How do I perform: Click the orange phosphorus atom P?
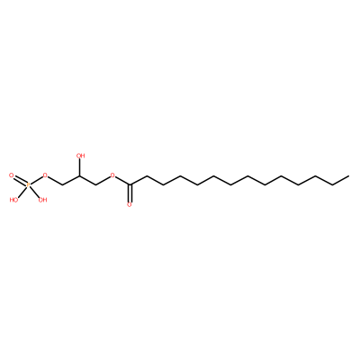coord(28,185)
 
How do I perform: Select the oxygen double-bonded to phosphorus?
coord(12,175)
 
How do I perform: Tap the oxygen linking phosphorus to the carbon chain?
coord(45,175)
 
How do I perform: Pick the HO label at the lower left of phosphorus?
coord(13,200)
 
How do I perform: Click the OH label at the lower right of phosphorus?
coord(43,200)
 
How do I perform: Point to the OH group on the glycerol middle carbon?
coord(81,156)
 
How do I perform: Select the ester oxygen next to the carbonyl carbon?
coord(112,175)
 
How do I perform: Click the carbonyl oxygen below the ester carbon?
coord(130,204)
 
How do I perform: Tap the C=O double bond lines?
coord(130,193)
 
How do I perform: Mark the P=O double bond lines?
coord(20,180)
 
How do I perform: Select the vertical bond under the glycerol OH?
coord(79,167)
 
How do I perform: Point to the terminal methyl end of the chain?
coord(349,175)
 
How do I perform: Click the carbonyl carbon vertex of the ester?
coord(130,184)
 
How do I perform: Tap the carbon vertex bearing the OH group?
coord(79,175)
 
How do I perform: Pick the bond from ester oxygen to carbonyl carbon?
coord(122,181)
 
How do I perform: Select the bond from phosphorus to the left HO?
coord(22,192)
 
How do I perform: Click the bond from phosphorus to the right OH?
coord(35,192)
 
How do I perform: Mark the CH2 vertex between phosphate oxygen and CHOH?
coord(62,184)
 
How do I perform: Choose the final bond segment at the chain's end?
coord(340,180)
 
